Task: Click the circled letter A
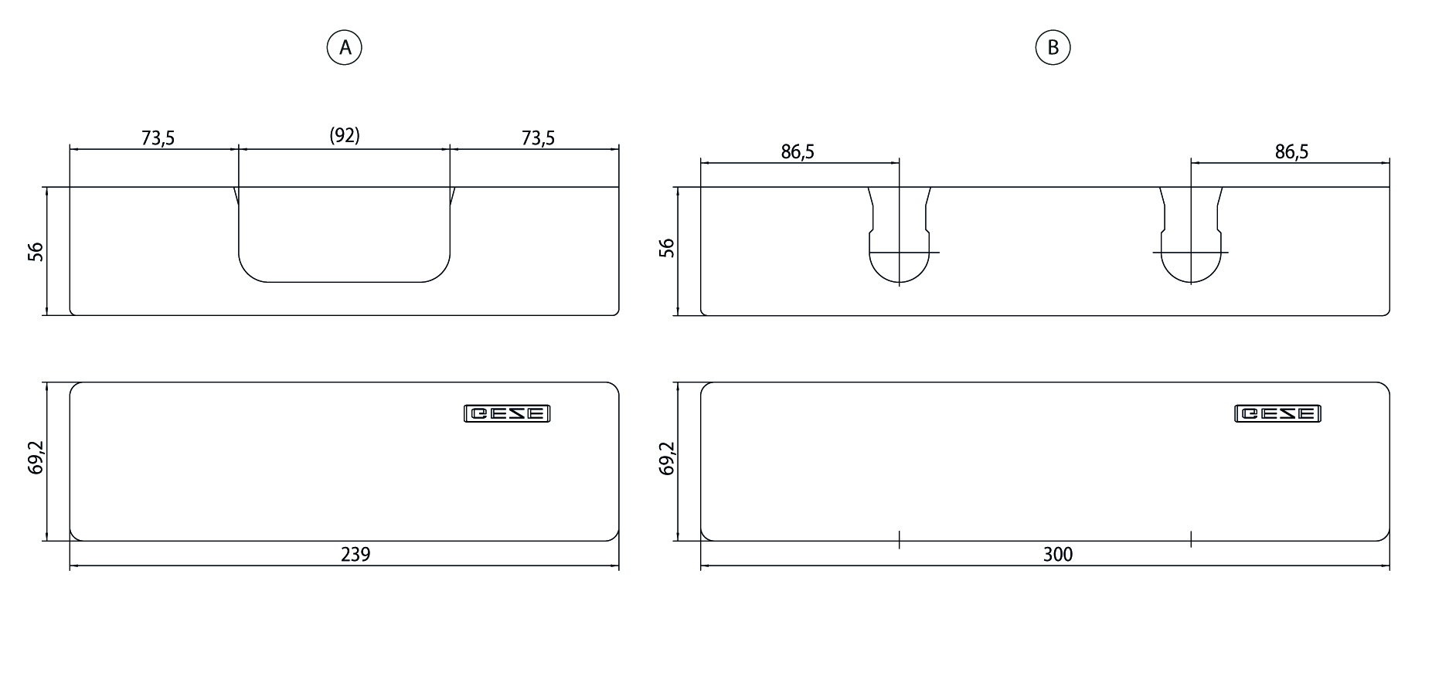[x=344, y=48]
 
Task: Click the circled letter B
[x=1053, y=48]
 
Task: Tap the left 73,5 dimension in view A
[x=158, y=138]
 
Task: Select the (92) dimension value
[x=345, y=136]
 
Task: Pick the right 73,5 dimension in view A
[x=538, y=138]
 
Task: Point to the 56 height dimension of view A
[x=36, y=252]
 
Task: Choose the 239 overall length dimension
[x=355, y=554]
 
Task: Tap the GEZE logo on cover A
[x=507, y=414]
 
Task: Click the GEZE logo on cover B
[x=1277, y=414]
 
